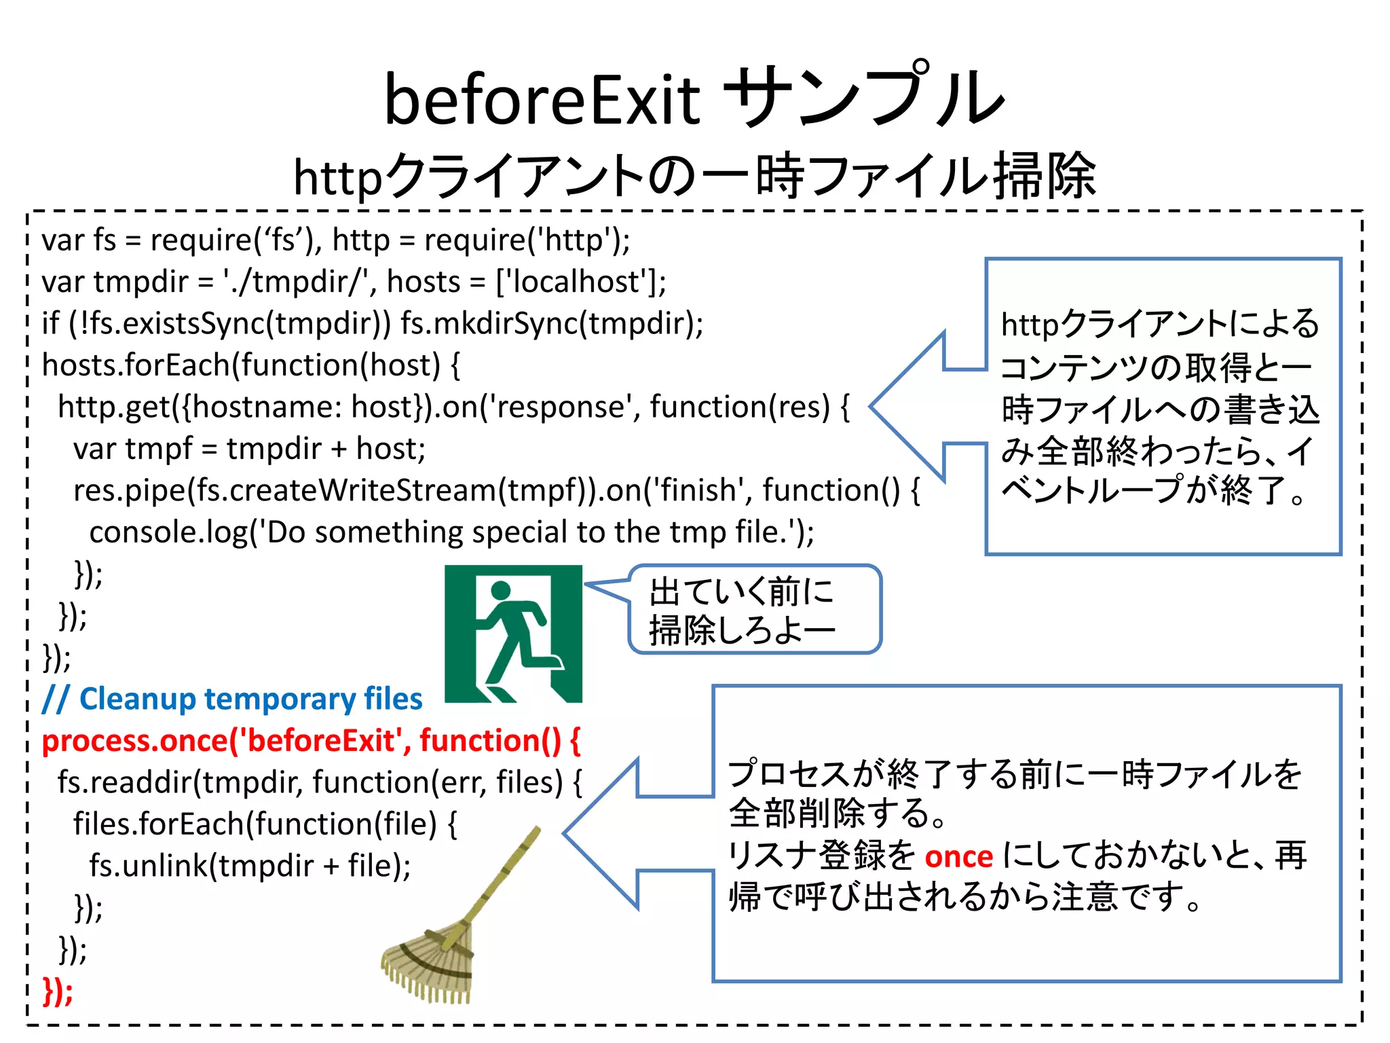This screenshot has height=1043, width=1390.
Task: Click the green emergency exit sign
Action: pos(513,634)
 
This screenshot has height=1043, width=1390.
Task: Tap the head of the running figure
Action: pos(501,591)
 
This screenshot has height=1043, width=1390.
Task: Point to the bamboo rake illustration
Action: pos(448,937)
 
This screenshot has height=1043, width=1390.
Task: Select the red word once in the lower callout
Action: pos(958,857)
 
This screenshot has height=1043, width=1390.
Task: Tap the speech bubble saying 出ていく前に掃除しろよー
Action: pos(753,609)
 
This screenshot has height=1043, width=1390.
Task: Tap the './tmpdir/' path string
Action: pos(299,282)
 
